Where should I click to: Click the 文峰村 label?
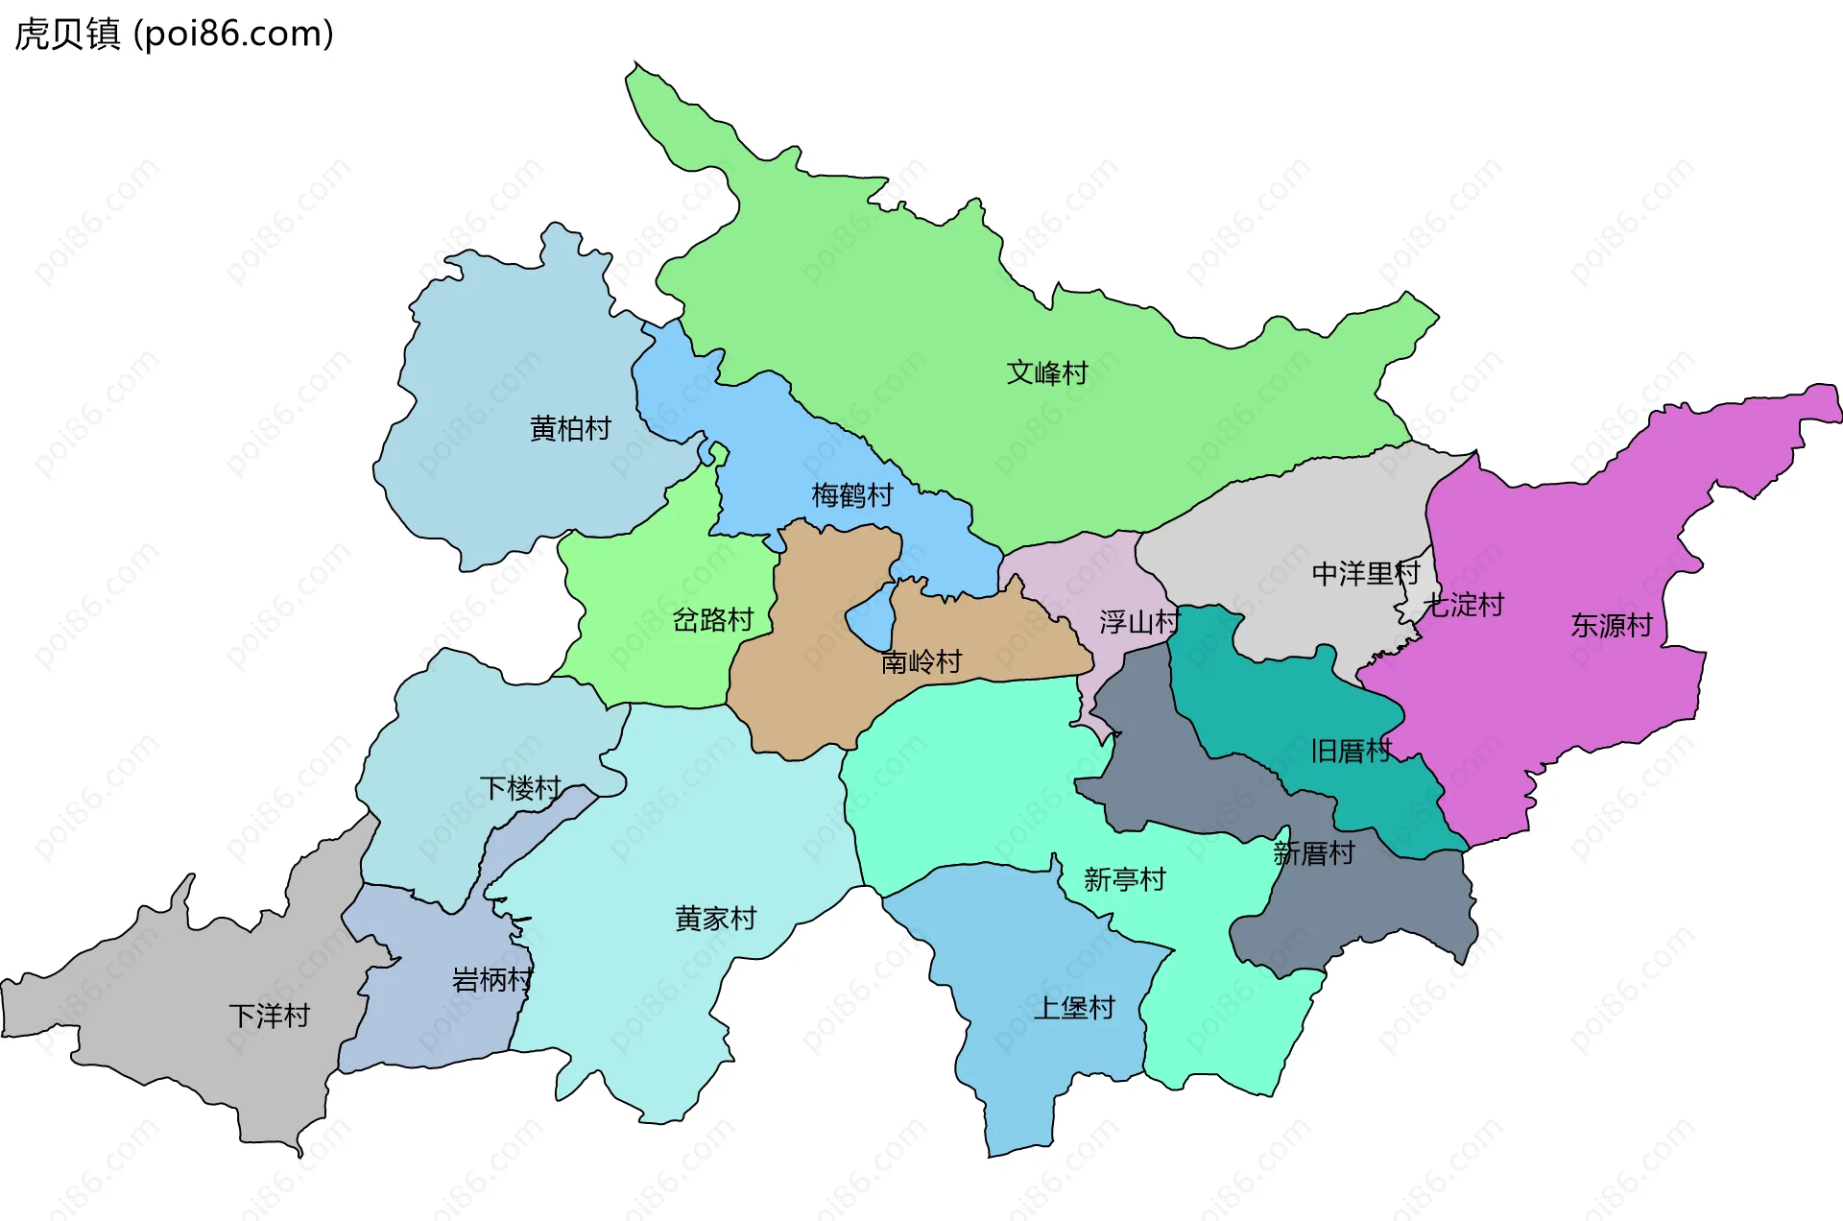pos(1046,372)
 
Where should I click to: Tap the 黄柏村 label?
pos(570,428)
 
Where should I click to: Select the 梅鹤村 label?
pos(852,495)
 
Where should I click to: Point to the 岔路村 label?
pos(712,620)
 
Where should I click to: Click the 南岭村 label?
pos(921,661)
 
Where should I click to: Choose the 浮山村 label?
pos(1138,622)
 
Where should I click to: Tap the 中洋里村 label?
pos(1365,574)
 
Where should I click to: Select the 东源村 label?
pos(1611,626)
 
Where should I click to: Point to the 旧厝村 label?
pos(1351,751)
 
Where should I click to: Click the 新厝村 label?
pos(1313,852)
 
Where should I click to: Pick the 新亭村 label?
pos(1124,879)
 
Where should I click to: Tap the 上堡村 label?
pos(1073,1008)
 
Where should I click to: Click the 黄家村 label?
pos(715,919)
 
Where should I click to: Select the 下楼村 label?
pos(520,788)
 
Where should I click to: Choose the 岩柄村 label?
pos(491,980)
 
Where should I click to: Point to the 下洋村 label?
pos(269,1016)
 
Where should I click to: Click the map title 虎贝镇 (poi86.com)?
pos(174,34)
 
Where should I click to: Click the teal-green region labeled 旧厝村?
pos(1277,701)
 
